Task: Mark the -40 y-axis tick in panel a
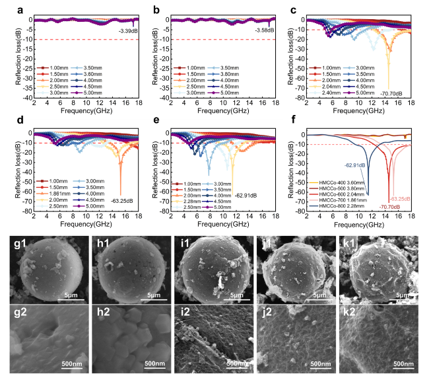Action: [26, 98]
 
